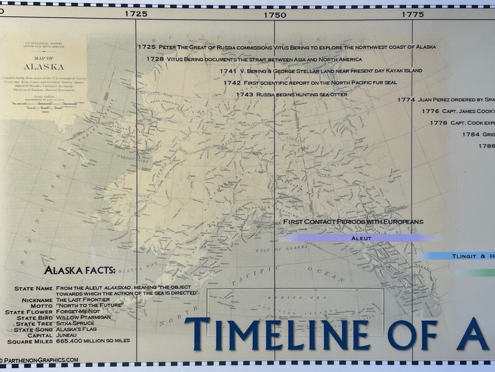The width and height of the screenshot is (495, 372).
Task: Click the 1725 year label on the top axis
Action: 136,14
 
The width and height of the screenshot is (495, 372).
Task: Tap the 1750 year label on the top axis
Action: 274,14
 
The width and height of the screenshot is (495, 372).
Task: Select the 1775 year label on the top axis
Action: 413,14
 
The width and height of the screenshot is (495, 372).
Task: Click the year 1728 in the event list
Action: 155,59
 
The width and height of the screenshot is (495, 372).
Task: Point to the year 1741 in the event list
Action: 229,71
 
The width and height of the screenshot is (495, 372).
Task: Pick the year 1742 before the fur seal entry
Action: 231,82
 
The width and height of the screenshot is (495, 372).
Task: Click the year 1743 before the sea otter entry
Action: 245,94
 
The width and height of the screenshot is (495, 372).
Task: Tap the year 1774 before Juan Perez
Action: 406,99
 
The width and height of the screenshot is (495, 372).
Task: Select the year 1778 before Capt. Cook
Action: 438,123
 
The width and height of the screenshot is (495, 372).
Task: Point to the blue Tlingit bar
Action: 461,256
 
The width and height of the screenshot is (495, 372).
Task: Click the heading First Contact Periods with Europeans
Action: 353,222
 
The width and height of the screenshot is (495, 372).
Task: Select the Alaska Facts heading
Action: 80,271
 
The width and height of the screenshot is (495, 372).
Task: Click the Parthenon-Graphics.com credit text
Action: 41,360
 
